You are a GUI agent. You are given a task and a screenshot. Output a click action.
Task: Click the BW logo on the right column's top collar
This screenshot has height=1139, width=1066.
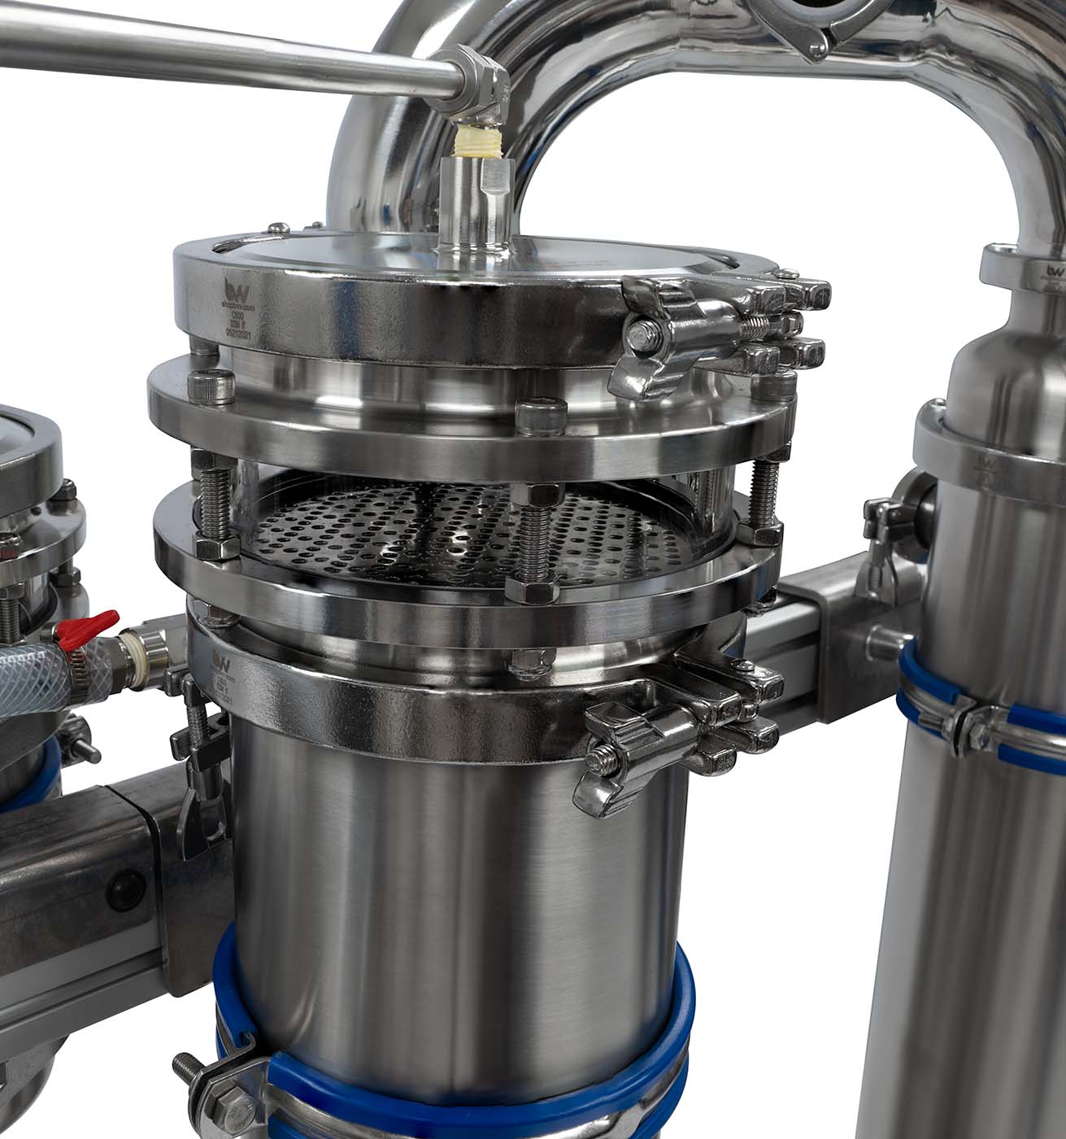click(x=1055, y=272)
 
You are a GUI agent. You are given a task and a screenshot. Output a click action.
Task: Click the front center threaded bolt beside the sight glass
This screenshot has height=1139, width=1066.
click(x=533, y=537)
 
